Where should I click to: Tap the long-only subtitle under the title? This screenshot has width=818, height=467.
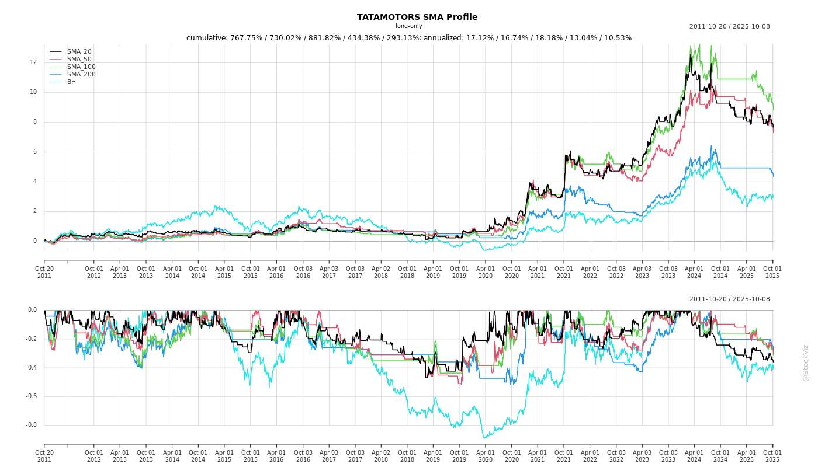409,26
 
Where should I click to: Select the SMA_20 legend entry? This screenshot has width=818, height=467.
79,52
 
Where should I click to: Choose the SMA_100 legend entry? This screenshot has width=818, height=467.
81,67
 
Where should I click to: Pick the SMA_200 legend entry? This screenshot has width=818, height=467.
81,75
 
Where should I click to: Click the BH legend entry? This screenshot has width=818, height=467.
71,82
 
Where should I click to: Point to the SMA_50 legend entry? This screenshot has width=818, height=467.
79,60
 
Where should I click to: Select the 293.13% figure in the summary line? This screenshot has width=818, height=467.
400,38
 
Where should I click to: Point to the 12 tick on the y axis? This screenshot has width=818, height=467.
33,62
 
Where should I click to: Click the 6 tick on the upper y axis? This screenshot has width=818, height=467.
35,152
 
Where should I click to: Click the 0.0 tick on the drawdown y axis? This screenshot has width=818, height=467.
32,310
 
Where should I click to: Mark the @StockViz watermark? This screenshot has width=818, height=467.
806,363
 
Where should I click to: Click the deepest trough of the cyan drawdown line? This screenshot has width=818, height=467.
484,437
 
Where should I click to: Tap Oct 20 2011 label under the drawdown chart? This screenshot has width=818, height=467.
44,456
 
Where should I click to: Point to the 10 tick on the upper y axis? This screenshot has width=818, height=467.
33,92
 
